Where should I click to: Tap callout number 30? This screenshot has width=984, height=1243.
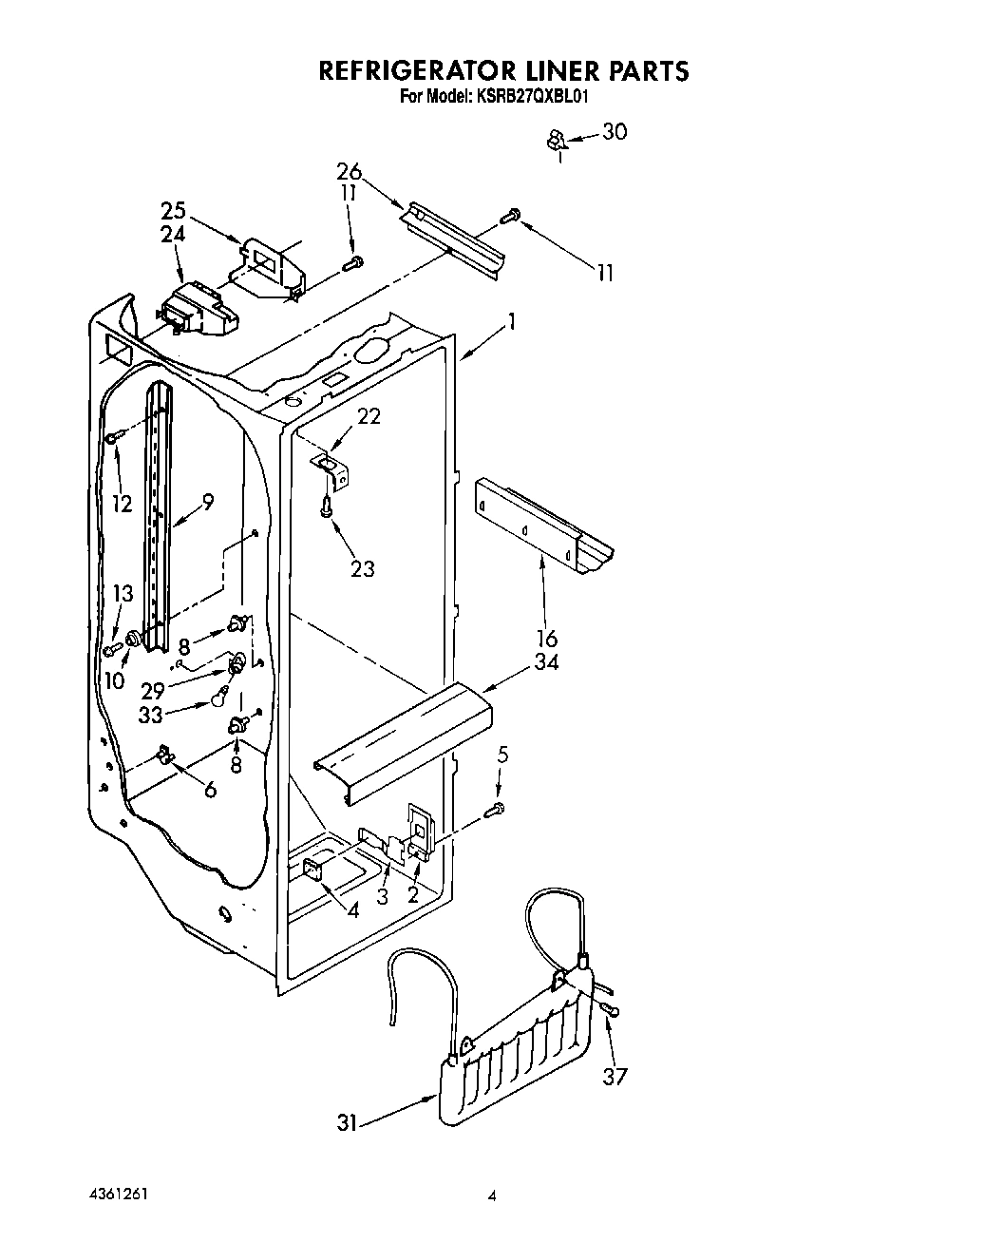[615, 131]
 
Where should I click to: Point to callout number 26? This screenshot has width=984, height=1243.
[349, 172]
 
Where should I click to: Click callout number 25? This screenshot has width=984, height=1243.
[173, 211]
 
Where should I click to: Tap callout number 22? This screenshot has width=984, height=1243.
[369, 415]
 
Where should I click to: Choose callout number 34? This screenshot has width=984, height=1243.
[546, 661]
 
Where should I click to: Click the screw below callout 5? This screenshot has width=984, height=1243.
[495, 810]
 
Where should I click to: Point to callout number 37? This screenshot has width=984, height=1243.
[616, 1076]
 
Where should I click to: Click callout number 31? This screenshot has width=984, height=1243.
[348, 1122]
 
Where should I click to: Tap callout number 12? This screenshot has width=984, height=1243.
[122, 504]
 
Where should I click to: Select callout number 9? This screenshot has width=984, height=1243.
[208, 501]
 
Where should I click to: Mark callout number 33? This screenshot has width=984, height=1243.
[151, 715]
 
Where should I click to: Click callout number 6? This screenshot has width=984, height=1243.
[210, 789]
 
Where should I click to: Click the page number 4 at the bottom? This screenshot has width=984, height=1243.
[491, 1195]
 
